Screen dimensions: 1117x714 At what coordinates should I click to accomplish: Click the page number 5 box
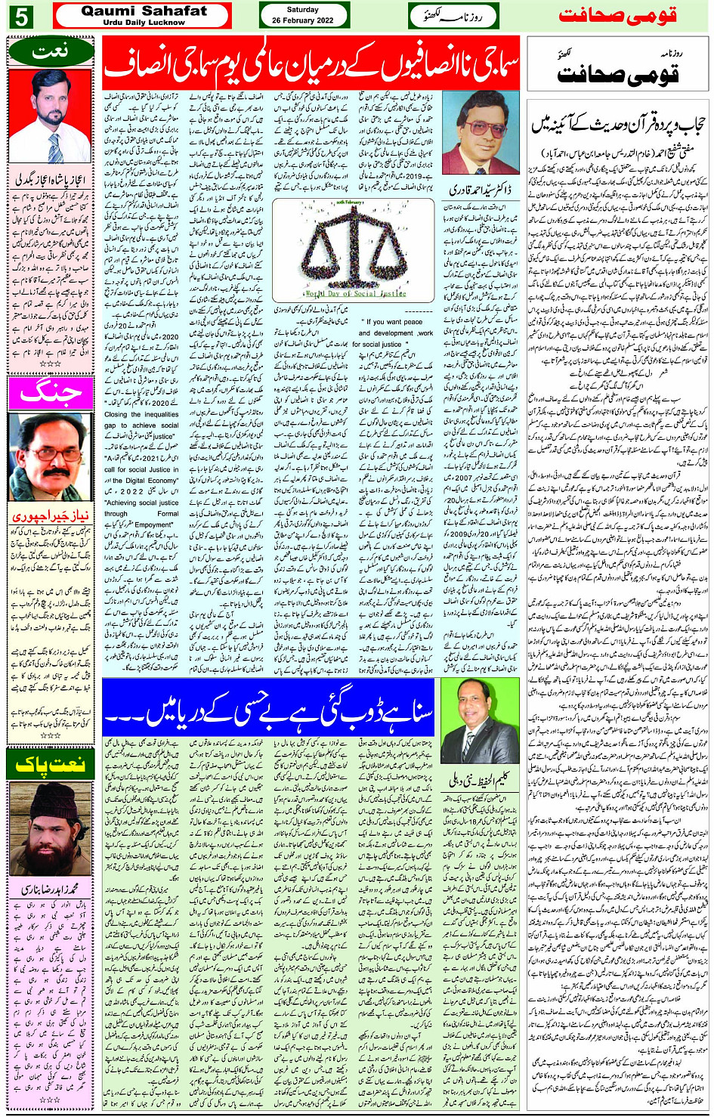click(20, 16)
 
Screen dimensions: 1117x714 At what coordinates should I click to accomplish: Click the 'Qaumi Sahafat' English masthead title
click(144, 11)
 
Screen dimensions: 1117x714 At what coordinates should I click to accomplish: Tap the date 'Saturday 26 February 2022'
click(303, 15)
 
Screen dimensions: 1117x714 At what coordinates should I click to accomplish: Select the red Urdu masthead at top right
click(617, 16)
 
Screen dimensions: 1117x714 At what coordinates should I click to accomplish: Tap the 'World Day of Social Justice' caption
click(356, 293)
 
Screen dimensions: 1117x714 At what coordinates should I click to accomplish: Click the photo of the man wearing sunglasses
click(481, 133)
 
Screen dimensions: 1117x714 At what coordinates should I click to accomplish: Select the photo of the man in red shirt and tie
click(50, 115)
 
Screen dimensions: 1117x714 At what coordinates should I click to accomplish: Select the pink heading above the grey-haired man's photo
click(50, 392)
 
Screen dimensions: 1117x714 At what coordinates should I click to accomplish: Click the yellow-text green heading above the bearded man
click(50, 764)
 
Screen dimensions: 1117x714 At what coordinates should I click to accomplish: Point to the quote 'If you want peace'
click(395, 322)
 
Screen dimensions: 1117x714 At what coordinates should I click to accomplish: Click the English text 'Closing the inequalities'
click(141, 414)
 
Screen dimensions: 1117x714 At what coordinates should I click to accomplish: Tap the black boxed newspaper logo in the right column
click(617, 66)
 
